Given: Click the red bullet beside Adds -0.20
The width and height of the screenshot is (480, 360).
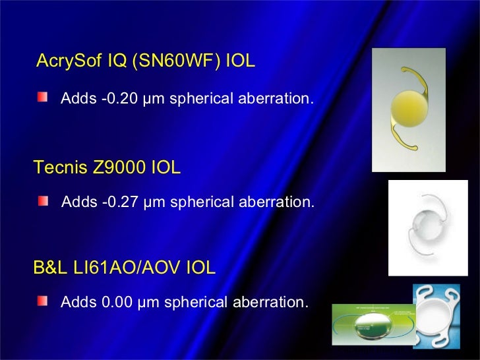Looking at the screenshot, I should (x=43, y=98).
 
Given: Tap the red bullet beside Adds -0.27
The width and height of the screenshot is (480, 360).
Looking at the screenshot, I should (x=43, y=200).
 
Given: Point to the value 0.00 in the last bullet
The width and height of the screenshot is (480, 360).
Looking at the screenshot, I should (x=116, y=303).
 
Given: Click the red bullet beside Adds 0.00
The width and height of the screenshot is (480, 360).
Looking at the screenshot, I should (x=43, y=301).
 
